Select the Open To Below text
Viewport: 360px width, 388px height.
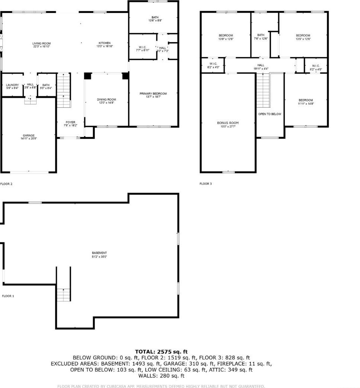click(x=270, y=114)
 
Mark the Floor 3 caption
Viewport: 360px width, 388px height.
click(x=205, y=184)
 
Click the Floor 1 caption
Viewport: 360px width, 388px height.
click(x=8, y=296)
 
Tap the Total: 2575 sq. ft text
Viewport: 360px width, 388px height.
click(x=161, y=352)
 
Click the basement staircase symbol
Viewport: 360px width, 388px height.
click(x=64, y=294)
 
